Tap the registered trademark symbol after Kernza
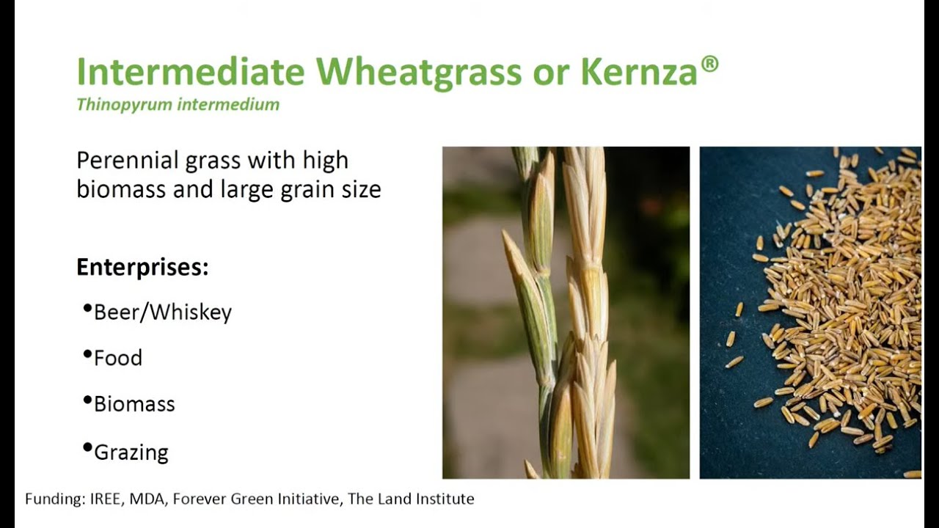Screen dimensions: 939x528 [709, 64]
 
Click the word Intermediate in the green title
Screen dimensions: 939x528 [191, 71]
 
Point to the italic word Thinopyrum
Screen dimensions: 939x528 [125, 104]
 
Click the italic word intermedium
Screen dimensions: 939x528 [228, 104]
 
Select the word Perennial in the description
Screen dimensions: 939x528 [127, 160]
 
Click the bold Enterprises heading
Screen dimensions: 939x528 [142, 267]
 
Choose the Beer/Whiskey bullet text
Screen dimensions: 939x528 [163, 312]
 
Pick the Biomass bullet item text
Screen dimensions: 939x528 [134, 404]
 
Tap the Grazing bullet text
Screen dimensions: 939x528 [131, 452]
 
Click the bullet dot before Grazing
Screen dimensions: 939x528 [87, 447]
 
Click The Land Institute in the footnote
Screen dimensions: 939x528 [411, 499]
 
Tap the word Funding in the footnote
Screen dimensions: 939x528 [55, 499]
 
